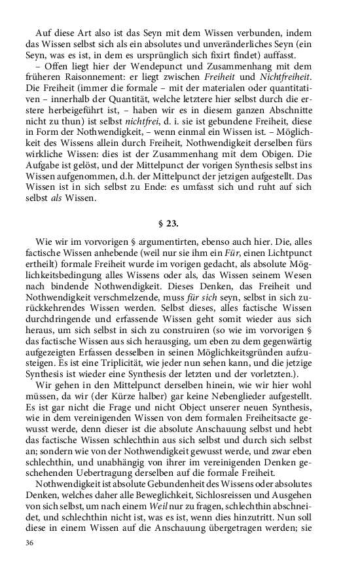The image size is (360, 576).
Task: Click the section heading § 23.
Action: (x=180, y=223)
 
